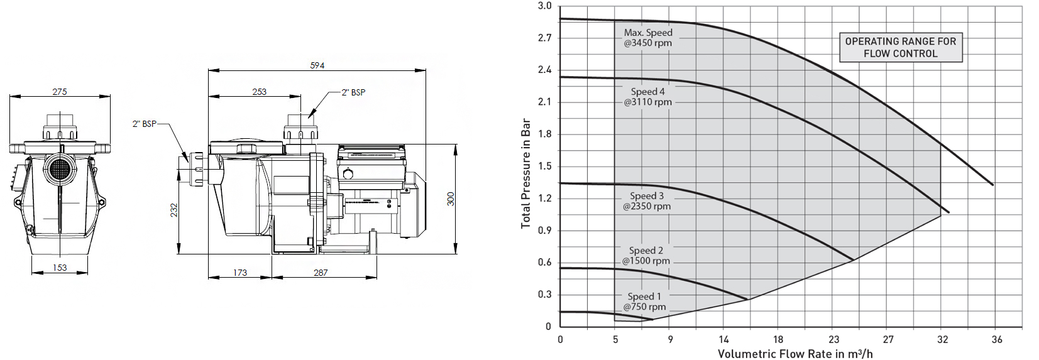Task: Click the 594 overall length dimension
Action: pos(317,65)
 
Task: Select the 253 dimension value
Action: pos(259,92)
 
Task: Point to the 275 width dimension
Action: pos(60,92)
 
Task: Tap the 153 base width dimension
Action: pos(60,268)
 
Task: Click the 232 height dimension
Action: pos(174,210)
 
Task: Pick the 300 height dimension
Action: pos(451,199)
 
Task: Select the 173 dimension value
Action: pos(239,273)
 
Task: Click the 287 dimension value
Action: pos(321,273)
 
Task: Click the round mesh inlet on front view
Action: pos(60,168)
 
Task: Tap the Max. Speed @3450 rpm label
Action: pos(648,38)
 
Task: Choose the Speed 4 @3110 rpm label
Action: pos(647,97)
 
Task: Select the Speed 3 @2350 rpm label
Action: pos(647,201)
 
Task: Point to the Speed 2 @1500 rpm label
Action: pos(646,256)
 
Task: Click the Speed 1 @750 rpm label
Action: pos(644,302)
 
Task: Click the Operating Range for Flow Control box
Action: pos(900,48)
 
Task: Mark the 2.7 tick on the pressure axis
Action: pos(544,38)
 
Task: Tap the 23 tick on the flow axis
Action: pos(833,339)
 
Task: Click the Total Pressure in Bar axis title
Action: pos(526,173)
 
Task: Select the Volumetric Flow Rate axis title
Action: pos(795,354)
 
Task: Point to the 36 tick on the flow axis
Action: pos(997,339)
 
